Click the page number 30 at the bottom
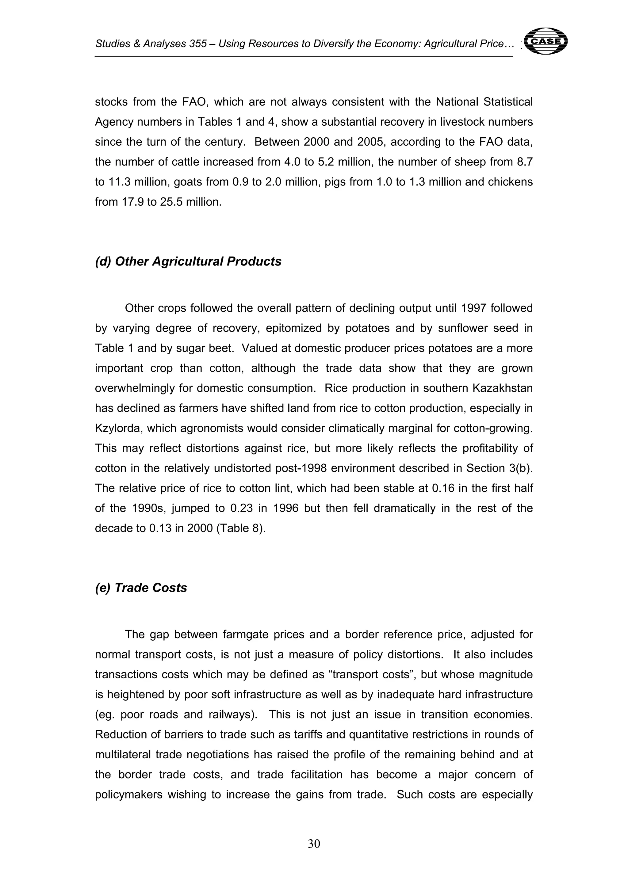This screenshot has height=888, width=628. click(314, 843)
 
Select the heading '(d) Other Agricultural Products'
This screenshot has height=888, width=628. click(188, 261)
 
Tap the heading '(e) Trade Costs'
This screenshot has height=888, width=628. click(141, 588)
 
